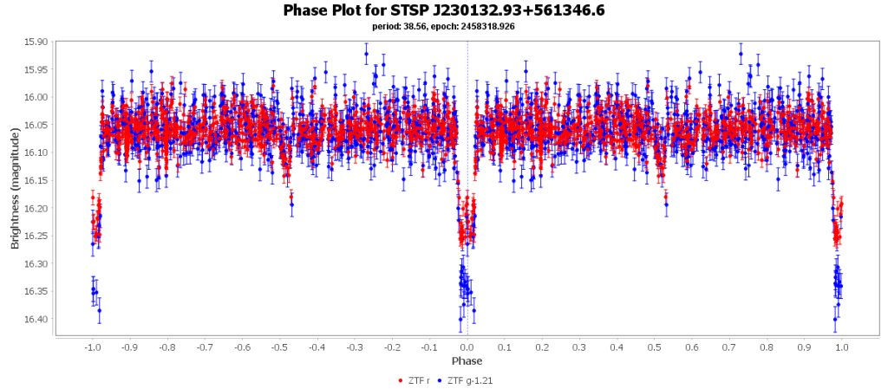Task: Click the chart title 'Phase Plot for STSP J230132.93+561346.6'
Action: (x=444, y=10)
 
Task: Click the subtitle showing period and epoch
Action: (x=444, y=26)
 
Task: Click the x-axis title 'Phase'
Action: (x=467, y=360)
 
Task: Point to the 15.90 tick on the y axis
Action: (x=36, y=42)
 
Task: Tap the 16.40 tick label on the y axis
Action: (x=36, y=320)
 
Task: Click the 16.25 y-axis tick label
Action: (x=36, y=237)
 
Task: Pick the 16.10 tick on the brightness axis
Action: (x=36, y=152)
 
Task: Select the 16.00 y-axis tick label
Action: (x=36, y=97)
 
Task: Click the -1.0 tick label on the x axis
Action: (x=92, y=347)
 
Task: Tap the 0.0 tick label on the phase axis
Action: (x=467, y=347)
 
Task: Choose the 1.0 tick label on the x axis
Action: (x=842, y=347)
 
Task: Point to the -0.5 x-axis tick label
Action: (x=279, y=347)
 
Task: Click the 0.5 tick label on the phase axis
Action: (x=655, y=347)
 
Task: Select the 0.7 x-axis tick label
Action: (x=729, y=347)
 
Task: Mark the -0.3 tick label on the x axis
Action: (x=355, y=347)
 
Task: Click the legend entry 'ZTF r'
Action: (x=421, y=380)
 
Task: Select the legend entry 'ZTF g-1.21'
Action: (x=471, y=380)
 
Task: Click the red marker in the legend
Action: (x=400, y=380)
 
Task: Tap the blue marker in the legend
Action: (x=441, y=380)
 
